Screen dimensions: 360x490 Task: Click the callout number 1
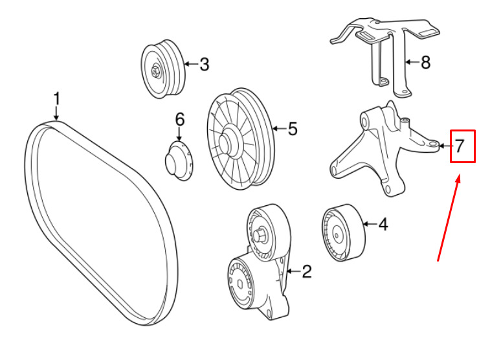[56, 100]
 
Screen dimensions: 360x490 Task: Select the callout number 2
[306, 271]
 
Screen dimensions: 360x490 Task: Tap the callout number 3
[204, 64]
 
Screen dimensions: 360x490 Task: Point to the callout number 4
[383, 225]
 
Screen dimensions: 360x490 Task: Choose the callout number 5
[293, 129]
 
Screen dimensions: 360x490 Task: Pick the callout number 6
[179, 119]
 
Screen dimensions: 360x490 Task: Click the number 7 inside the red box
[459, 146]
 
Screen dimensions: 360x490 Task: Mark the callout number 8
[425, 63]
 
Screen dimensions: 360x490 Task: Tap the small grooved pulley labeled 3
[163, 70]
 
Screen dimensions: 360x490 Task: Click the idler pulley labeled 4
[342, 234]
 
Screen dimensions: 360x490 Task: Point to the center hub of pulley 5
[228, 139]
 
